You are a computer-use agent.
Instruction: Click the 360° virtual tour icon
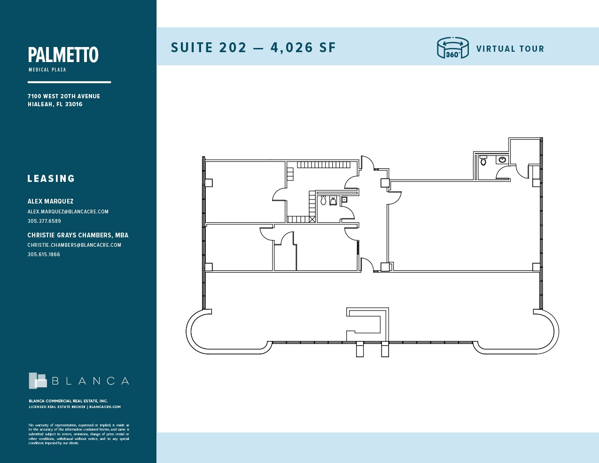[x=452, y=48]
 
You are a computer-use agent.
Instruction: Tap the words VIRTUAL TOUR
[x=510, y=49]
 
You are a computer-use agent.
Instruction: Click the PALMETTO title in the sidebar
[x=63, y=55]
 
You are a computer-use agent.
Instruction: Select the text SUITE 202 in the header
[x=209, y=47]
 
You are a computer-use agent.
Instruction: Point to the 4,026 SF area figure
[x=303, y=47]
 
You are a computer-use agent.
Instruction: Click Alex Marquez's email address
[x=68, y=212]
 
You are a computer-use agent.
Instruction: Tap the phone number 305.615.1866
[x=44, y=254]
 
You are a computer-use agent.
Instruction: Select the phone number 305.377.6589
[x=44, y=221]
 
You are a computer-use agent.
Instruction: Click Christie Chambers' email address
[x=74, y=245]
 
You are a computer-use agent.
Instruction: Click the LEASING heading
[x=51, y=179]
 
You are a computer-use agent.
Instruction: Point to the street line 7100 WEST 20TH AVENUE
[x=63, y=96]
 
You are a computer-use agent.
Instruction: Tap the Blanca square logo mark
[x=38, y=381]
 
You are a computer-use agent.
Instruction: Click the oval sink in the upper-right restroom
[x=502, y=160]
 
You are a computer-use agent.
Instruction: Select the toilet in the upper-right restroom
[x=483, y=161]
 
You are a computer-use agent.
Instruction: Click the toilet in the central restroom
[x=323, y=200]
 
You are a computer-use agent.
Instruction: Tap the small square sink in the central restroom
[x=344, y=200]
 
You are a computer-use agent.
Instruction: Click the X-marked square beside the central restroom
[x=312, y=219]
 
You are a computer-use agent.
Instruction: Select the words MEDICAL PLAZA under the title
[x=47, y=70]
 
